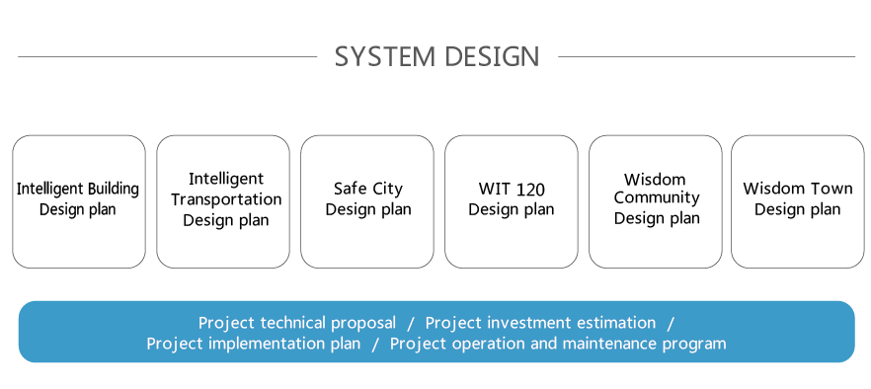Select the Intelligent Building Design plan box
tap(79, 201)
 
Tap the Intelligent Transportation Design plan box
tap(223, 201)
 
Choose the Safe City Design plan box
tap(367, 201)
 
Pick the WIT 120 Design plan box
tap(512, 201)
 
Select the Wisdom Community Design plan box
tap(656, 201)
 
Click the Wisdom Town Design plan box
tap(798, 201)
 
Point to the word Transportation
tap(226, 199)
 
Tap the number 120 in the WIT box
tap(530, 190)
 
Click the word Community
tap(657, 198)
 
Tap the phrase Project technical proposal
tap(297, 323)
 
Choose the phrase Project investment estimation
tap(540, 323)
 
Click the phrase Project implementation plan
tap(253, 344)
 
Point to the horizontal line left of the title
tap(167, 56)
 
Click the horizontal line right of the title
tap(707, 56)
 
